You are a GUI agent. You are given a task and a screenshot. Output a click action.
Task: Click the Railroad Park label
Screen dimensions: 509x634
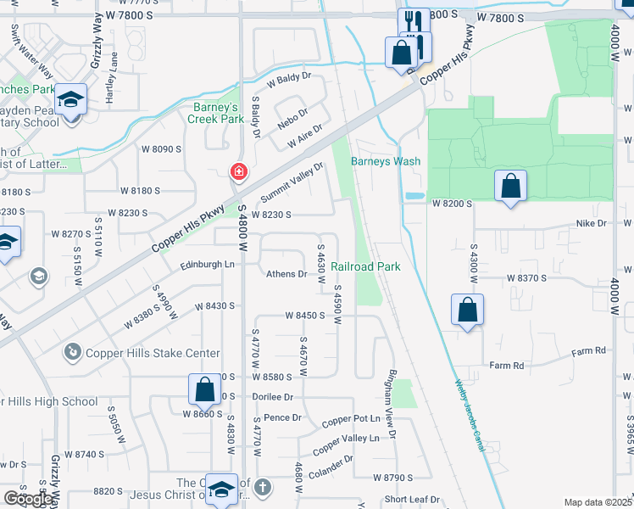point(365,266)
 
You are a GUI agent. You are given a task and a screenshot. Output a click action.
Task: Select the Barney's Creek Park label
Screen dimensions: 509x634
point(215,113)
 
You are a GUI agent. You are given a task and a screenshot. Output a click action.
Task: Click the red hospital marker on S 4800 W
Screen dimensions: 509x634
point(239,172)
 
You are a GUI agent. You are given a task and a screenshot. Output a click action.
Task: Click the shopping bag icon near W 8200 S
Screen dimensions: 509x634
point(511,187)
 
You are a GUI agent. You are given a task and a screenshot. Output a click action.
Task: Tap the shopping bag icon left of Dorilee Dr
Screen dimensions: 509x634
point(205,390)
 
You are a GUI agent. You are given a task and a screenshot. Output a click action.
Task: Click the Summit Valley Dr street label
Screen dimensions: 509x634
point(292,183)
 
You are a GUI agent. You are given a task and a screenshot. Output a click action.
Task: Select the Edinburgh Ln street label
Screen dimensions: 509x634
point(207,265)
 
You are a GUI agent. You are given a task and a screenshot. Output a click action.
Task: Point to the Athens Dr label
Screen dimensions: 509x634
point(286,274)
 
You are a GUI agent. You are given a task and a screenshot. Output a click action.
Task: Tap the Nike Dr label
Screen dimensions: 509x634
point(592,224)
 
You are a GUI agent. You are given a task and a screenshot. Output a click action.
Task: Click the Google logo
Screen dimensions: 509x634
point(27,499)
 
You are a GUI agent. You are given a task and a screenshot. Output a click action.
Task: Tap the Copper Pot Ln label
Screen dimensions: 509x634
point(350,419)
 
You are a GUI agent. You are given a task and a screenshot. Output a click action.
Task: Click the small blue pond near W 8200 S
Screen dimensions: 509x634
point(414,196)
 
